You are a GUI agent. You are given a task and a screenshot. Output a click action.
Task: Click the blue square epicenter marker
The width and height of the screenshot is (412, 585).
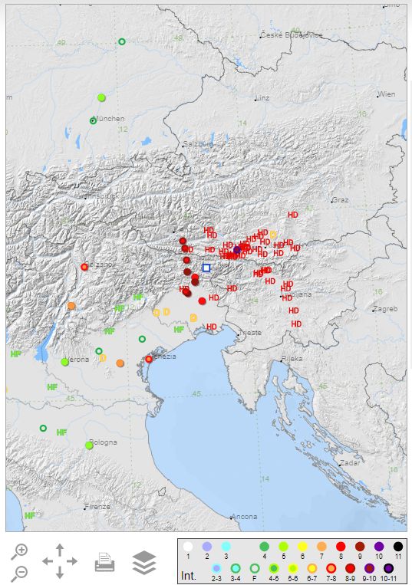206,268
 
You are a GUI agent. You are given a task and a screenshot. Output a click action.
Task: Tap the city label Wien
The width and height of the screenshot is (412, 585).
387,94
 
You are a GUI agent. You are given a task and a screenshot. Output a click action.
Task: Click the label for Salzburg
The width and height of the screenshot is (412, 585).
197,143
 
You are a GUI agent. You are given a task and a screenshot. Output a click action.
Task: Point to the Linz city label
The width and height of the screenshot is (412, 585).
262,98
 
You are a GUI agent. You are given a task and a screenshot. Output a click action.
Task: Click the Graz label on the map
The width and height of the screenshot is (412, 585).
340,200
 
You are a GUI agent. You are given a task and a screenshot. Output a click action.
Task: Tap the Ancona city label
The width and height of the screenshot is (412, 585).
245,516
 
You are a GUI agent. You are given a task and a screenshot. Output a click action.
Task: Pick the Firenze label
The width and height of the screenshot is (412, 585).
98,506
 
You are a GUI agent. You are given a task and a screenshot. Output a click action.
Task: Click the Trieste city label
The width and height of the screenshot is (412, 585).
250,333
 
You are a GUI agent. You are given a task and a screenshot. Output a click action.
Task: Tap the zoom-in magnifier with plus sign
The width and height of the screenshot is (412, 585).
20,550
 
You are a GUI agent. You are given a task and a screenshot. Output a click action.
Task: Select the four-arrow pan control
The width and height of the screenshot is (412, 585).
60,561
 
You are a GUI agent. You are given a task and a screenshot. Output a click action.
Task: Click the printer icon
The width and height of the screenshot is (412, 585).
105,564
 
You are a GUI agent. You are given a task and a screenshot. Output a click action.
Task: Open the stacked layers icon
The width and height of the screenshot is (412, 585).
143,562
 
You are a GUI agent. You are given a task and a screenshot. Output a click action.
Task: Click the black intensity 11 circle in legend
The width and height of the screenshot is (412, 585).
397,547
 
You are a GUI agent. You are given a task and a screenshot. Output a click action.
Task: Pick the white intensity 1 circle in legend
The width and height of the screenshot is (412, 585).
187,547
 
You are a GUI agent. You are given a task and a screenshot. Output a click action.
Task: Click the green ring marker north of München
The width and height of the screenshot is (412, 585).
122,41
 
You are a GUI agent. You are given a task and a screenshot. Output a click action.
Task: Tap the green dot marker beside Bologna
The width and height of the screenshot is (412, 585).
89,445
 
